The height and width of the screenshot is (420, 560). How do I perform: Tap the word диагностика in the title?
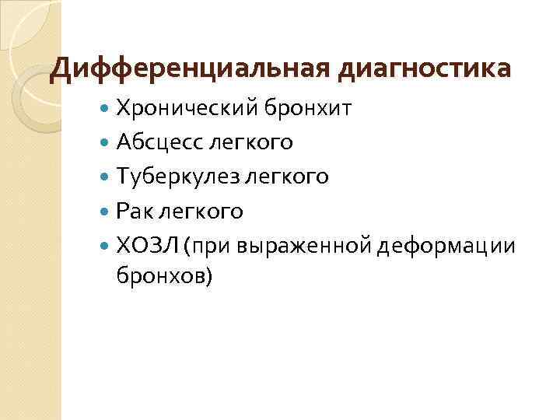coord(424,69)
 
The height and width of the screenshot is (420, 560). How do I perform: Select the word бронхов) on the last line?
coord(163,275)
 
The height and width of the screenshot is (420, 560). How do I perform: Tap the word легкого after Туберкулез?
coord(287,177)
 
